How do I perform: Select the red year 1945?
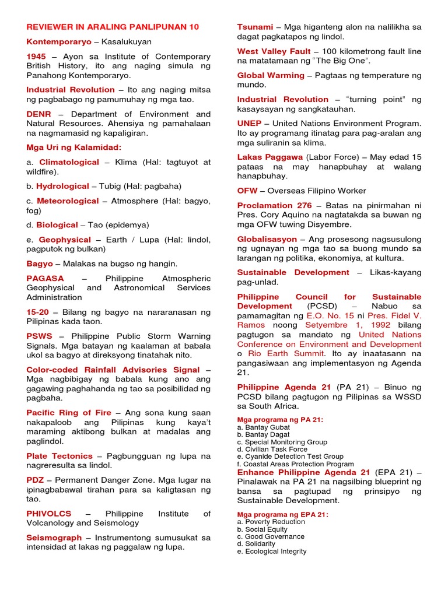point(36,57)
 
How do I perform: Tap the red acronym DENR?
point(38,114)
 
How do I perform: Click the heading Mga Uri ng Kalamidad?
point(73,147)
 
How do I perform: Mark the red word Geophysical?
point(65,240)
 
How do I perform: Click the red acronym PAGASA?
point(45,278)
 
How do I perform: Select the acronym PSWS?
point(39,336)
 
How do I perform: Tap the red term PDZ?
point(35,480)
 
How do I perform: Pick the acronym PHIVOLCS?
point(48,514)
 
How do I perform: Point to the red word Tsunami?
point(255,27)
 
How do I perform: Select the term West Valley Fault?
point(274,51)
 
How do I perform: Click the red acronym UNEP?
point(249,124)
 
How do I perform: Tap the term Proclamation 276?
point(274,205)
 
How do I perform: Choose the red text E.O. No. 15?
point(330,315)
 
